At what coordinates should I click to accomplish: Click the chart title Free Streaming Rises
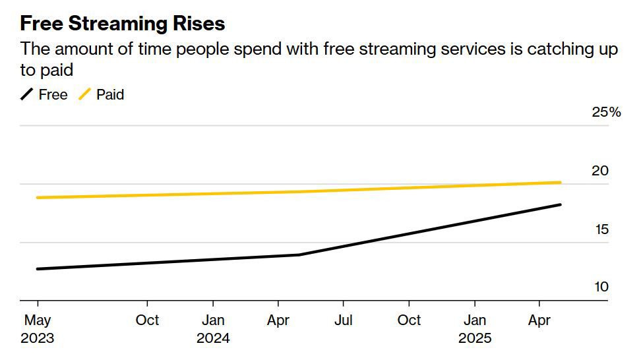[x=123, y=24]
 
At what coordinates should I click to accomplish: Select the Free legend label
[x=53, y=95]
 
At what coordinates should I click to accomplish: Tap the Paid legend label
[x=110, y=95]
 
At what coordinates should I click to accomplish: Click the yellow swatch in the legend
[x=84, y=95]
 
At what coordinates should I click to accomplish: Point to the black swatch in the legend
[x=27, y=95]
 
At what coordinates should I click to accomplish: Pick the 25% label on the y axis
[x=606, y=112]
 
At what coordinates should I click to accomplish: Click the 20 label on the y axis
[x=599, y=171]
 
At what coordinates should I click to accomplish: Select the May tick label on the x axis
[x=37, y=320]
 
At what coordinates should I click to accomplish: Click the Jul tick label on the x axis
[x=343, y=320]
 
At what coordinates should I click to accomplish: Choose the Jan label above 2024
[x=213, y=320]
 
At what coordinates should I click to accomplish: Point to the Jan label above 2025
[x=475, y=320]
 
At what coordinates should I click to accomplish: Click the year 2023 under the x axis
[x=37, y=339]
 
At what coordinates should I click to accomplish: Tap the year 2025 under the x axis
[x=475, y=339]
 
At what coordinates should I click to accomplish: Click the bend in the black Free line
[x=299, y=255]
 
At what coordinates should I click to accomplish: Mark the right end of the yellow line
[x=560, y=183]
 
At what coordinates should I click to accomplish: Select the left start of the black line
[x=38, y=269]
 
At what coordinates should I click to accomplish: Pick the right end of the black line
[x=560, y=205]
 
